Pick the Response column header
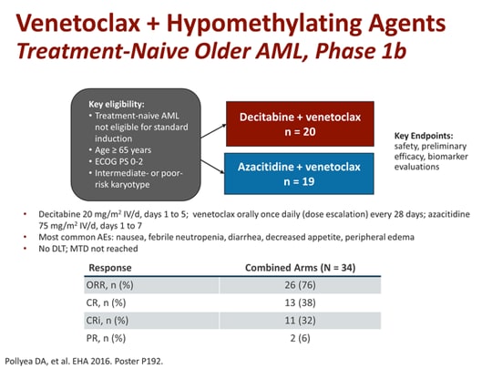(x=108, y=269)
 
